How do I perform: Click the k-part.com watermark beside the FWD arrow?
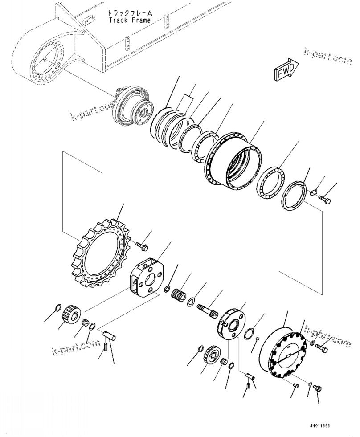click(x=328, y=56)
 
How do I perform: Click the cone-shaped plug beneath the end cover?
click(x=296, y=385)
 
